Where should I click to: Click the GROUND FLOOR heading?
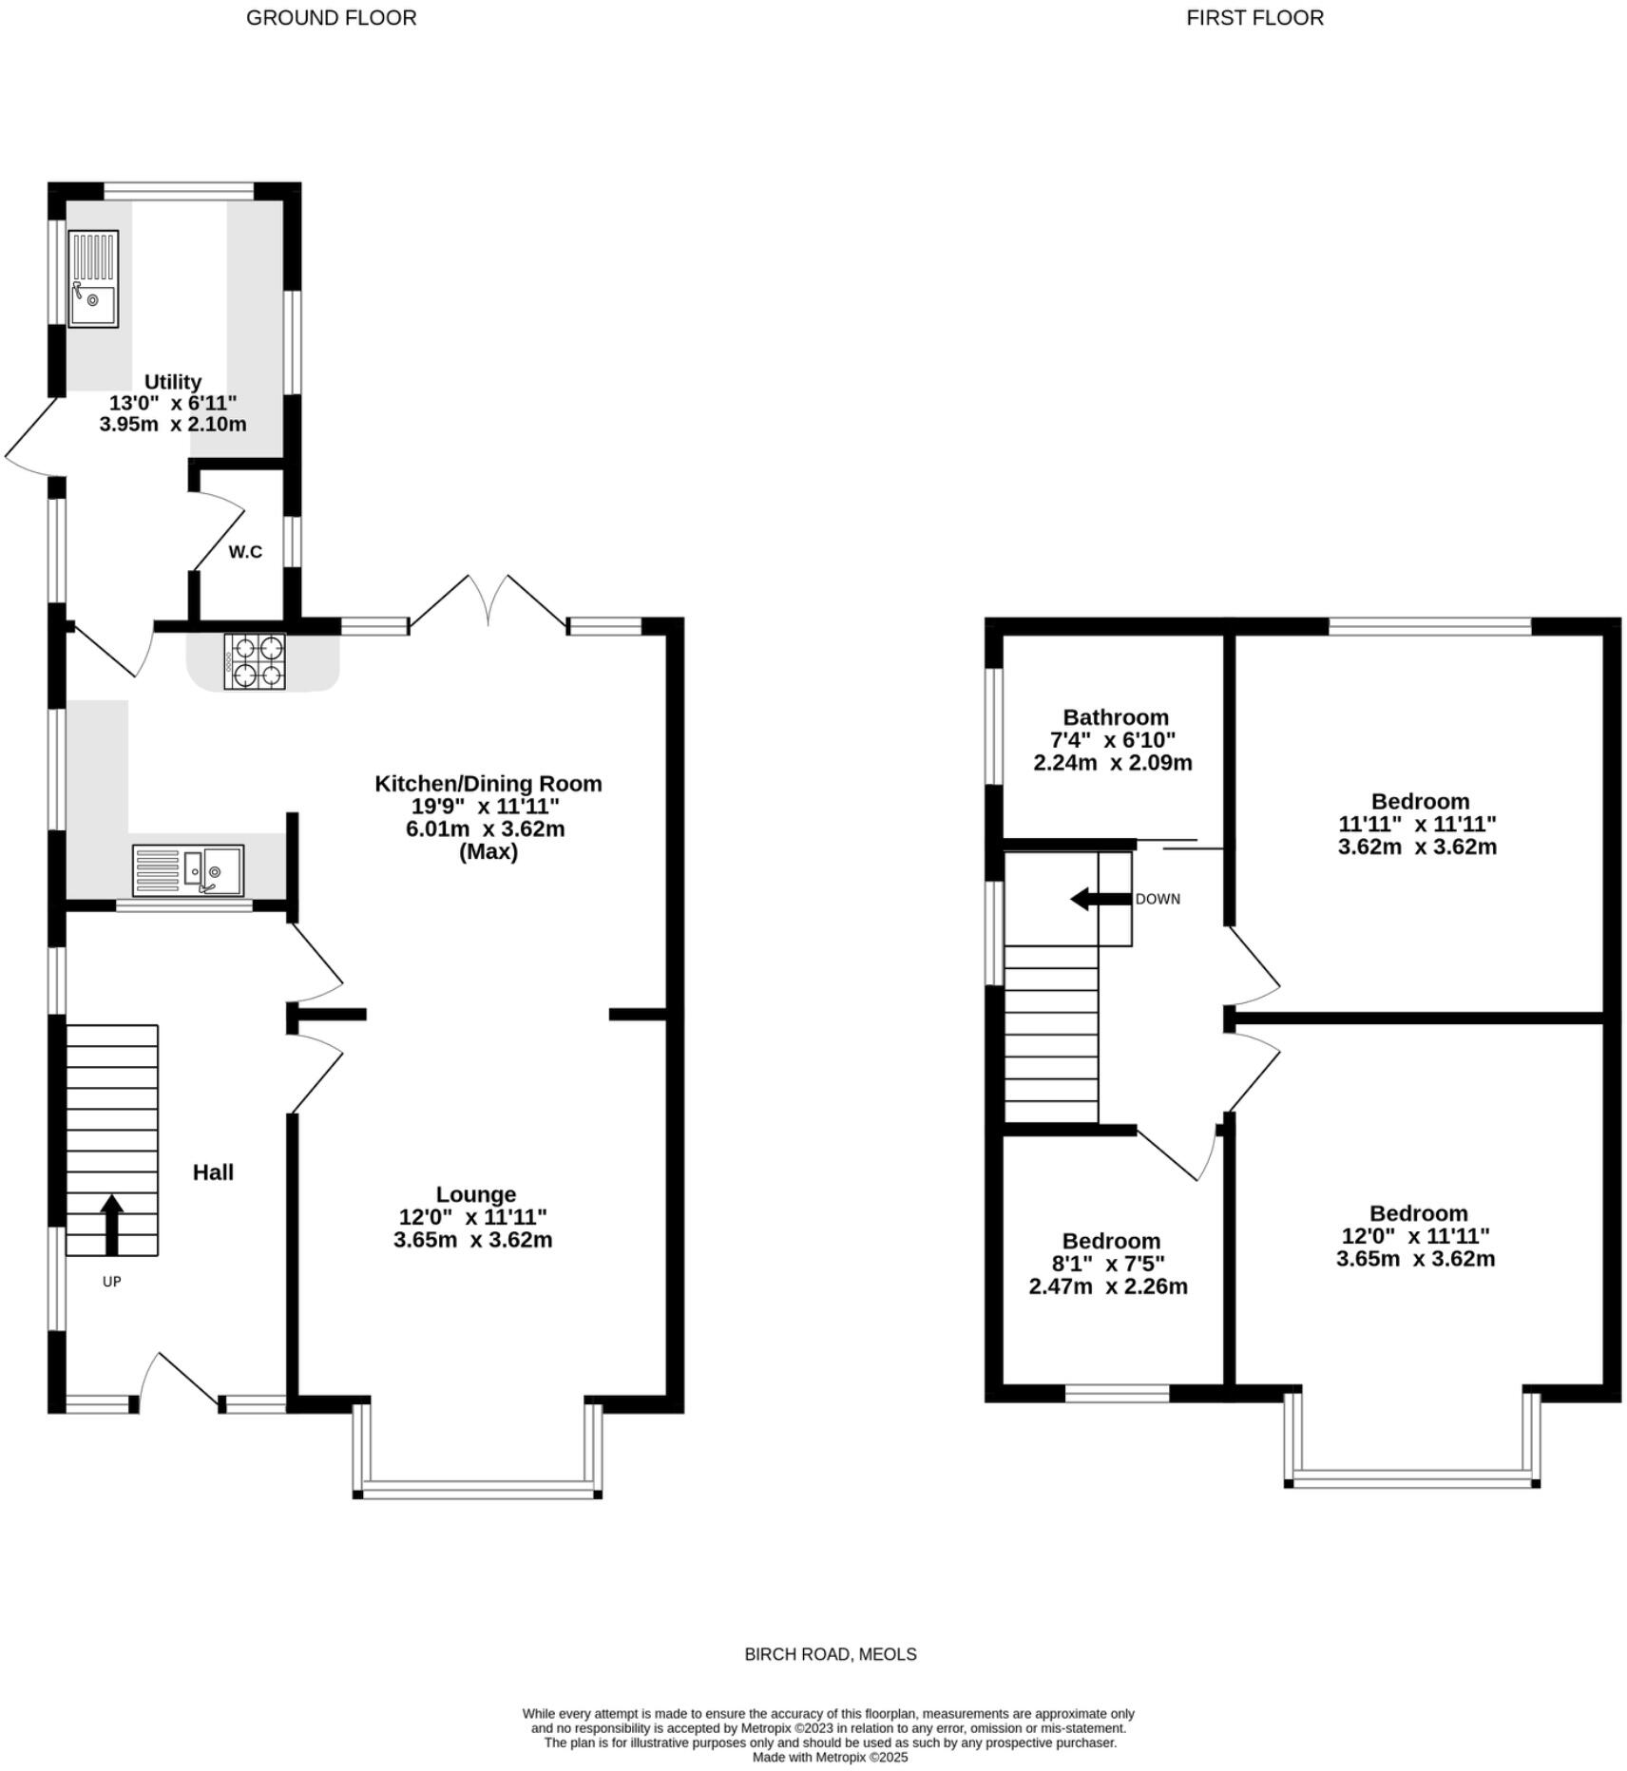[x=331, y=18]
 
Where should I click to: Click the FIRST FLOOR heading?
[x=1254, y=18]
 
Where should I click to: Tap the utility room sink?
[x=93, y=278]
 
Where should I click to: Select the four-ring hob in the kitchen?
[x=255, y=661]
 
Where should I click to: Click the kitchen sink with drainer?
[x=188, y=869]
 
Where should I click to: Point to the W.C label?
[x=245, y=552]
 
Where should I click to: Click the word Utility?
[x=172, y=381]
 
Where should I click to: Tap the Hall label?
[x=213, y=1172]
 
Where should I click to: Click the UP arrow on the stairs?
[x=111, y=1225]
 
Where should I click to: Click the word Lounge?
[x=475, y=1194]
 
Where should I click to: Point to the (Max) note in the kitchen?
[x=488, y=852]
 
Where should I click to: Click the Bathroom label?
[x=1115, y=717]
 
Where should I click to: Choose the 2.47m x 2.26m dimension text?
[x=1107, y=1286]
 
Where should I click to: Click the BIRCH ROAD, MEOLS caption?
[x=830, y=1654]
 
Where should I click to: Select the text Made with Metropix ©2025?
[x=830, y=1757]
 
